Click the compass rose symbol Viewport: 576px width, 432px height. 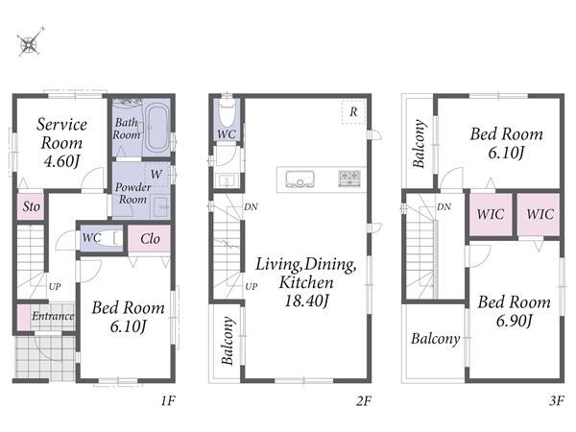coord(30,42)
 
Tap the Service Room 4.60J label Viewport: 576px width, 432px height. coord(61,142)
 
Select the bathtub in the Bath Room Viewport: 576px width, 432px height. coord(157,128)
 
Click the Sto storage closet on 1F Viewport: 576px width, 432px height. coord(31,206)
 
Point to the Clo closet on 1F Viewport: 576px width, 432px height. coord(150,239)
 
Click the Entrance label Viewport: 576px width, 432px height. coord(53,316)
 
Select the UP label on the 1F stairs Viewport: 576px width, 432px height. coord(55,286)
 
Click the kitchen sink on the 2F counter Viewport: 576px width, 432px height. coord(300,179)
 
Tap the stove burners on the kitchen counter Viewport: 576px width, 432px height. coord(349,179)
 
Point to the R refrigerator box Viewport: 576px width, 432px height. coord(353,111)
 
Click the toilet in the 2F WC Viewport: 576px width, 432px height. coord(227,111)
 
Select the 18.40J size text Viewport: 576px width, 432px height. coord(306,300)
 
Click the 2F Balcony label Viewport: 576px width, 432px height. coord(228,340)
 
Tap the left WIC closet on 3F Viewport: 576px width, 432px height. coord(491,214)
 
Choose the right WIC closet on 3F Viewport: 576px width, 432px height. coord(540,214)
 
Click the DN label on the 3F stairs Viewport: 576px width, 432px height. coord(444,206)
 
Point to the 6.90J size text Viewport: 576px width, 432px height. coord(514,321)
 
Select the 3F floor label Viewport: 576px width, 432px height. coord(557,400)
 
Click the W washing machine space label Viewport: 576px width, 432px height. coord(156,174)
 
